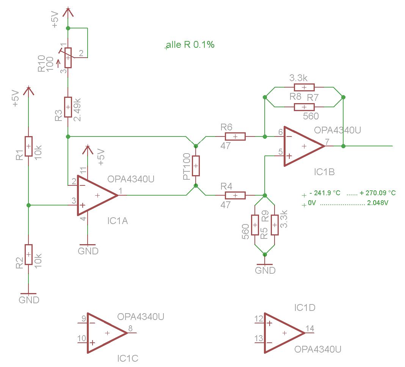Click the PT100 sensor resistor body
[196, 166]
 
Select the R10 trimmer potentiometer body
[68, 58]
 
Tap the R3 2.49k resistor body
[68, 107]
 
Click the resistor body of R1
[29, 146]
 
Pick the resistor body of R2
[29, 254]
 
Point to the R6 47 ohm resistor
[235, 136]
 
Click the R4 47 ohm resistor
[235, 196]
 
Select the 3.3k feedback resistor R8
[304, 87]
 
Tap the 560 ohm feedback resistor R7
[304, 107]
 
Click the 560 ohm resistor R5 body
[255, 225]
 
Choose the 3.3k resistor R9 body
[275, 225]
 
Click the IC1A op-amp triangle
[97, 196]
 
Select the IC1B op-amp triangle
[304, 146]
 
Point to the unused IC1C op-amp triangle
[107, 333]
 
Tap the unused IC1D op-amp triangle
[284, 333]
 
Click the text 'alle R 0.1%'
[190, 45]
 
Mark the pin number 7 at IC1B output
[327, 142]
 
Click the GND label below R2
[29, 300]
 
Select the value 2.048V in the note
[378, 203]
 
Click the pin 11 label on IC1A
[83, 171]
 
